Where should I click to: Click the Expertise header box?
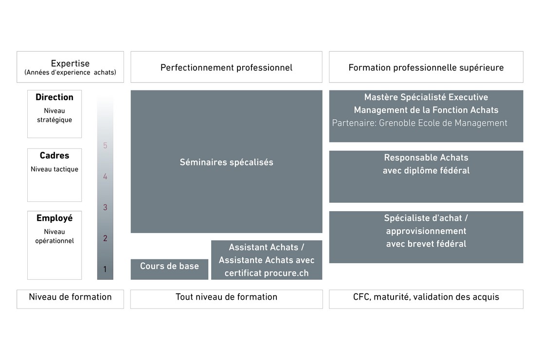pyautogui.click(x=70, y=67)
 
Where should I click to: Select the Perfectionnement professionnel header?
pyautogui.click(x=226, y=67)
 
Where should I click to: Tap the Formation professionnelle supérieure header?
pyautogui.click(x=426, y=67)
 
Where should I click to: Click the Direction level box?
pyautogui.click(x=54, y=113)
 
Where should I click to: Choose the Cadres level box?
pyautogui.click(x=54, y=175)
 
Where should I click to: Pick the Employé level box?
pyautogui.click(x=54, y=245)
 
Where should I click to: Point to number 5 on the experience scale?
pyautogui.click(x=105, y=145)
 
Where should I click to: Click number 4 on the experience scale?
pyautogui.click(x=105, y=177)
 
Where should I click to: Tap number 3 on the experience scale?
pyautogui.click(x=105, y=208)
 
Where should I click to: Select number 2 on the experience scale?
pyautogui.click(x=105, y=238)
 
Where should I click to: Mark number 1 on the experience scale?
pyautogui.click(x=105, y=269)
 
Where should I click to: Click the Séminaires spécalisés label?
pyautogui.click(x=226, y=162)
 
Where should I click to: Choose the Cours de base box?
pyautogui.click(x=169, y=269)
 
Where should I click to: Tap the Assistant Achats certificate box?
pyautogui.click(x=267, y=260)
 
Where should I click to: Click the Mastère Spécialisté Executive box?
pyautogui.click(x=426, y=103)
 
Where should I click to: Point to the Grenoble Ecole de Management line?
pyautogui.click(x=419, y=123)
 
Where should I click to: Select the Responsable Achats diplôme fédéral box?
pyautogui.click(x=426, y=176)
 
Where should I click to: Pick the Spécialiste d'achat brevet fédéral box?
pyautogui.click(x=426, y=237)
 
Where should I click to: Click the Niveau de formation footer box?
pyautogui.click(x=70, y=299)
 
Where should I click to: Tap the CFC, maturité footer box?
pyautogui.click(x=426, y=299)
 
